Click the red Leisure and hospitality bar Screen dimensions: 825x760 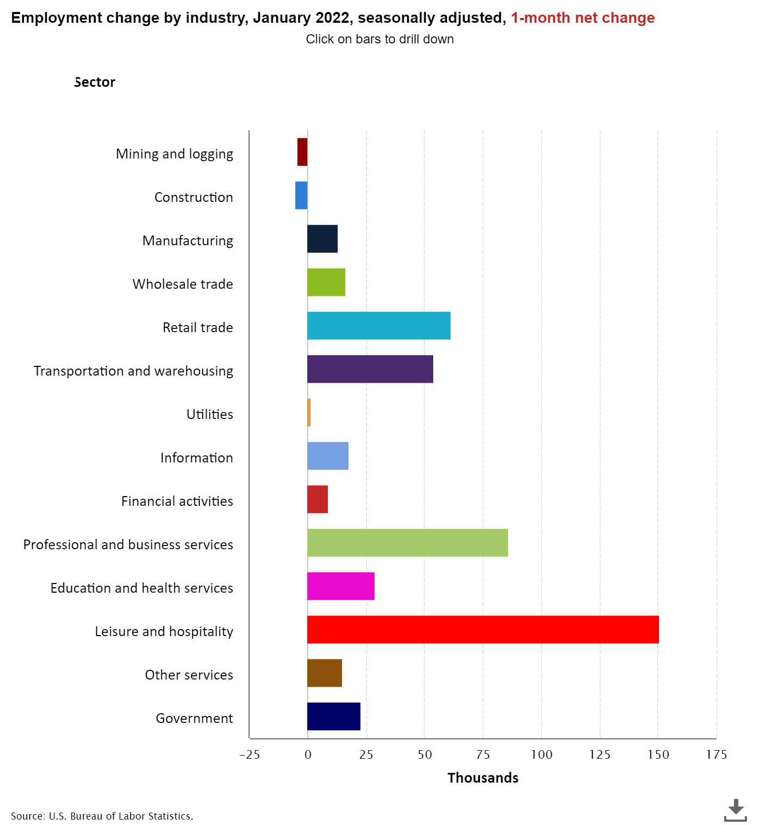(483, 630)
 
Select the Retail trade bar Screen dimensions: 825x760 (378, 326)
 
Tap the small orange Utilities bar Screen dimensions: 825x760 (309, 412)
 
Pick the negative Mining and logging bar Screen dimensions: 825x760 (302, 152)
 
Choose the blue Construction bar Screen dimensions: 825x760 (301, 195)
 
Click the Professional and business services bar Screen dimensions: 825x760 (407, 543)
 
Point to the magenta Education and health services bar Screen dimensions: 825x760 (340, 586)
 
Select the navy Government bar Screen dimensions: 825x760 (333, 716)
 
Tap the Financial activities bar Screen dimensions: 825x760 (317, 499)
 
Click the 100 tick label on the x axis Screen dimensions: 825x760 (541, 754)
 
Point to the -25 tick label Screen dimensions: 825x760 (249, 754)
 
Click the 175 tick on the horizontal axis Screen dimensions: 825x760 (716, 754)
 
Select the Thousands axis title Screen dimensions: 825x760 (483, 778)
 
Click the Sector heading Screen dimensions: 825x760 (94, 82)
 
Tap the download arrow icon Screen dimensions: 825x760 (735, 809)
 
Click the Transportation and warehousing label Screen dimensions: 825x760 (134, 371)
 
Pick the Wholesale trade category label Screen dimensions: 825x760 (182, 284)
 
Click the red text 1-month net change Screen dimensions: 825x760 (582, 18)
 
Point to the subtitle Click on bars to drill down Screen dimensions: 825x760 (379, 39)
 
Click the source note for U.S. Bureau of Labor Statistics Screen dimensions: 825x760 (102, 816)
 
